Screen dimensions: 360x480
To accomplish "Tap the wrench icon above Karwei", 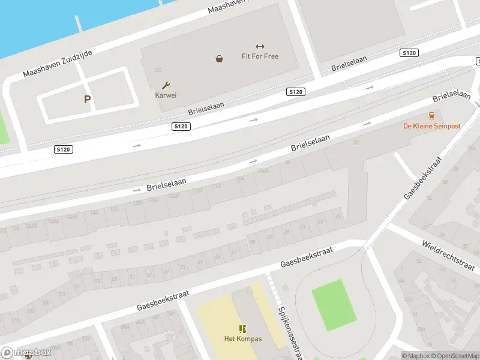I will click(166, 85).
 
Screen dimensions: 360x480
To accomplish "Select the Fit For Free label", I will click(260, 56).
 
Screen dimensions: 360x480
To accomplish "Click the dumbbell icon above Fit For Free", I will click(260, 47).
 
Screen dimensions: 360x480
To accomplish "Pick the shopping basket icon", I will click(220, 59).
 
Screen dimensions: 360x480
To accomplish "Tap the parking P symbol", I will click(87, 100).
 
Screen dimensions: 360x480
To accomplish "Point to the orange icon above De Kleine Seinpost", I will click(431, 116).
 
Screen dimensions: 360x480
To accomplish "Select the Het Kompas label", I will click(243, 339).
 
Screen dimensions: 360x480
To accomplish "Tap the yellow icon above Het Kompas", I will click(243, 329).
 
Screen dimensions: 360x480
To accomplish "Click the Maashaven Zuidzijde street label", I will click(58, 64).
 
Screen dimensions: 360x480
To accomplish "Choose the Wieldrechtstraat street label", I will click(449, 254).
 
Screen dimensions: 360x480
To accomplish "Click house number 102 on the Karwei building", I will click(158, 70).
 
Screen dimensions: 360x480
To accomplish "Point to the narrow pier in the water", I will click(79, 23).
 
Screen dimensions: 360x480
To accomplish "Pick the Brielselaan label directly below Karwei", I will click(206, 109).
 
